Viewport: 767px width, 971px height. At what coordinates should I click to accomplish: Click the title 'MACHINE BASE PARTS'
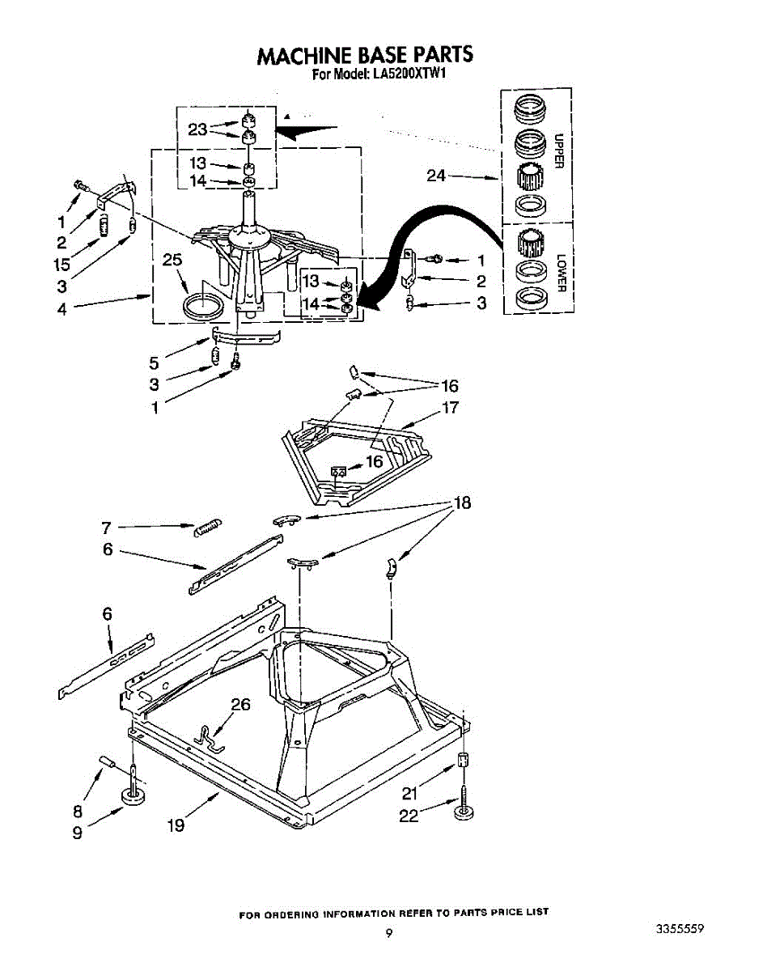pos(364,55)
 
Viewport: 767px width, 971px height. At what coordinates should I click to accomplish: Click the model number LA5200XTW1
pos(409,75)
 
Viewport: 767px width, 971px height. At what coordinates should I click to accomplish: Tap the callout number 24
pos(436,176)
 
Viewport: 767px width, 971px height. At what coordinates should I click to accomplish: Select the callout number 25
pos(172,261)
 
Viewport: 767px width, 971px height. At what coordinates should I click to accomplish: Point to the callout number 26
pos(240,704)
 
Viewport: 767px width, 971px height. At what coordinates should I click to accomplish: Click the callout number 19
pos(176,825)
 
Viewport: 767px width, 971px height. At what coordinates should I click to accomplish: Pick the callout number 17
pos(451,407)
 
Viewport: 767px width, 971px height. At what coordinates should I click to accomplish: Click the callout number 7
pos(106,528)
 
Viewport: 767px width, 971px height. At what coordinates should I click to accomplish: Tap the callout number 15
pos(61,264)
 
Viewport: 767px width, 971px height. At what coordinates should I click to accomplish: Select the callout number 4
pos(62,308)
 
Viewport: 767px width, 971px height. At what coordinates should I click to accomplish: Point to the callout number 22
pos(409,816)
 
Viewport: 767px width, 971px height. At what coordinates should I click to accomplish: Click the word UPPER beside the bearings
pos(559,151)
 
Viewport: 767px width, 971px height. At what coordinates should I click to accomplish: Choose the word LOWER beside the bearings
pos(560,274)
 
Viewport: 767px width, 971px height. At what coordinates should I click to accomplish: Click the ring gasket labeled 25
pos(201,307)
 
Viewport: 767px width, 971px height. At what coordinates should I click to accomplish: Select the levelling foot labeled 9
pos(131,798)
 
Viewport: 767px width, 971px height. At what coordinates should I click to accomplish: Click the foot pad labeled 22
pos(464,812)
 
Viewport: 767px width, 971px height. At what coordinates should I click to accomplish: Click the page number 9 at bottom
pos(389,933)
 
